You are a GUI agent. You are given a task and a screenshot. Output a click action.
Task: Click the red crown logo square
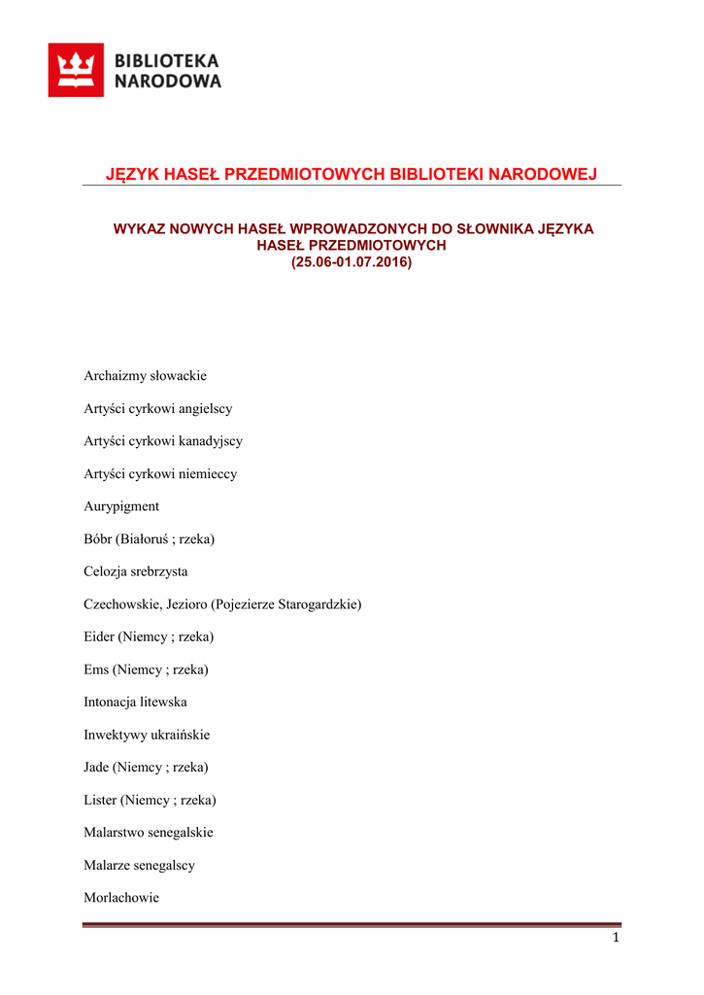(x=76, y=70)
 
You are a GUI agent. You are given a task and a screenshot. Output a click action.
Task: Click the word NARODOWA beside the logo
(x=168, y=82)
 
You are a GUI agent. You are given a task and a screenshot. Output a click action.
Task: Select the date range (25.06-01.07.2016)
(x=352, y=262)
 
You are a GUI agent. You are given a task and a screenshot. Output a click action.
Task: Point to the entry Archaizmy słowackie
(x=145, y=376)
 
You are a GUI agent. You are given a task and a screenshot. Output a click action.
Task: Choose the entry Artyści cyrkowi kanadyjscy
(x=163, y=441)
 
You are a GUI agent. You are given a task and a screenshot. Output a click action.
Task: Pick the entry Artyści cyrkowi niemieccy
(x=160, y=474)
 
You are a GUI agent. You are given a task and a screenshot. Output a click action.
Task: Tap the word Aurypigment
(x=121, y=506)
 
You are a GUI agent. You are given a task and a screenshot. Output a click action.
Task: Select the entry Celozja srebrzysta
(x=136, y=571)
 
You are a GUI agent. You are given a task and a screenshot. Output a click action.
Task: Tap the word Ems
(x=96, y=669)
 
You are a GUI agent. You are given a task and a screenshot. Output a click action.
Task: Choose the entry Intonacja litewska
(x=135, y=702)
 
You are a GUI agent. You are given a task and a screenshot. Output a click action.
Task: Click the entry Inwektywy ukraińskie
(x=147, y=735)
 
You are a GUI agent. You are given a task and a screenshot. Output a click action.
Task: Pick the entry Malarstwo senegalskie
(x=149, y=833)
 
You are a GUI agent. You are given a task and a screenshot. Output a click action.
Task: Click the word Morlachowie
(x=121, y=898)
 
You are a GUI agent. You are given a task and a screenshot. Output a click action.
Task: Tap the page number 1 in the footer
(x=616, y=938)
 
